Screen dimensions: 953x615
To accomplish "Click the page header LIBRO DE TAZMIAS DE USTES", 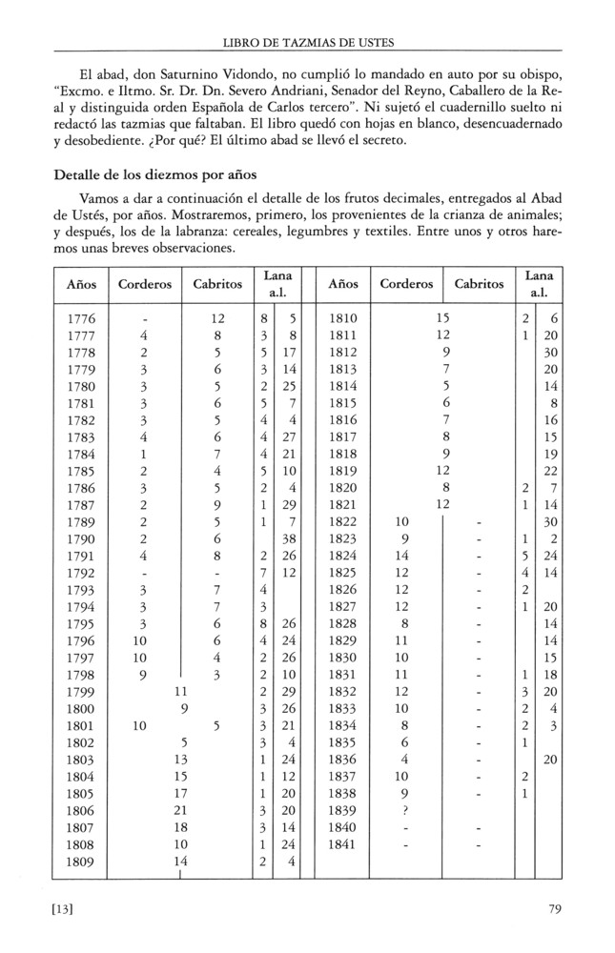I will coord(307,41).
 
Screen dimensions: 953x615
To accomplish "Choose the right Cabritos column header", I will coord(480,284).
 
